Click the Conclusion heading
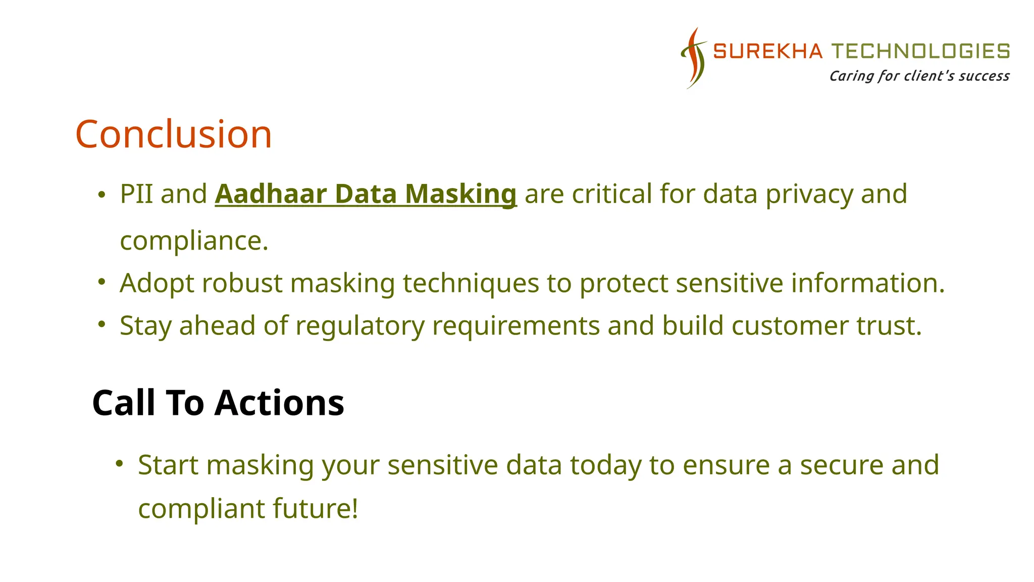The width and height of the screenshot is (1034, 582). pyautogui.click(x=174, y=134)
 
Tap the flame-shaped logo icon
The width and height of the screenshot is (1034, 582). pyautogui.click(x=694, y=58)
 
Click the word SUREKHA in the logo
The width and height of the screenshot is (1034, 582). pyautogui.click(x=767, y=52)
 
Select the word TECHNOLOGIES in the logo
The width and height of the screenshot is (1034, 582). pyautogui.click(x=920, y=52)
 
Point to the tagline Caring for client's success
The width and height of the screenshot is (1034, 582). pyautogui.click(x=919, y=76)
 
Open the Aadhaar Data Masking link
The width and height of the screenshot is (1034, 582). pyautogui.click(x=366, y=194)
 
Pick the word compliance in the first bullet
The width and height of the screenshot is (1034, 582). pyautogui.click(x=194, y=240)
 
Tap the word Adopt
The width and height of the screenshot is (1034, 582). pyautogui.click(x=157, y=283)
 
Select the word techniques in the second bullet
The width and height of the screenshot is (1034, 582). pyautogui.click(x=471, y=283)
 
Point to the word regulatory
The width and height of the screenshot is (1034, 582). pyautogui.click(x=360, y=326)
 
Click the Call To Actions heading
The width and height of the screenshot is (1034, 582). pyautogui.click(x=218, y=403)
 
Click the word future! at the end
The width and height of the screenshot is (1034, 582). pyautogui.click(x=316, y=508)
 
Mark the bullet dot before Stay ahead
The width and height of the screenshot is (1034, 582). pyautogui.click(x=101, y=324)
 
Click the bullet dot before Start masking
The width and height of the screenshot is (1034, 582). pyautogui.click(x=119, y=463)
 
